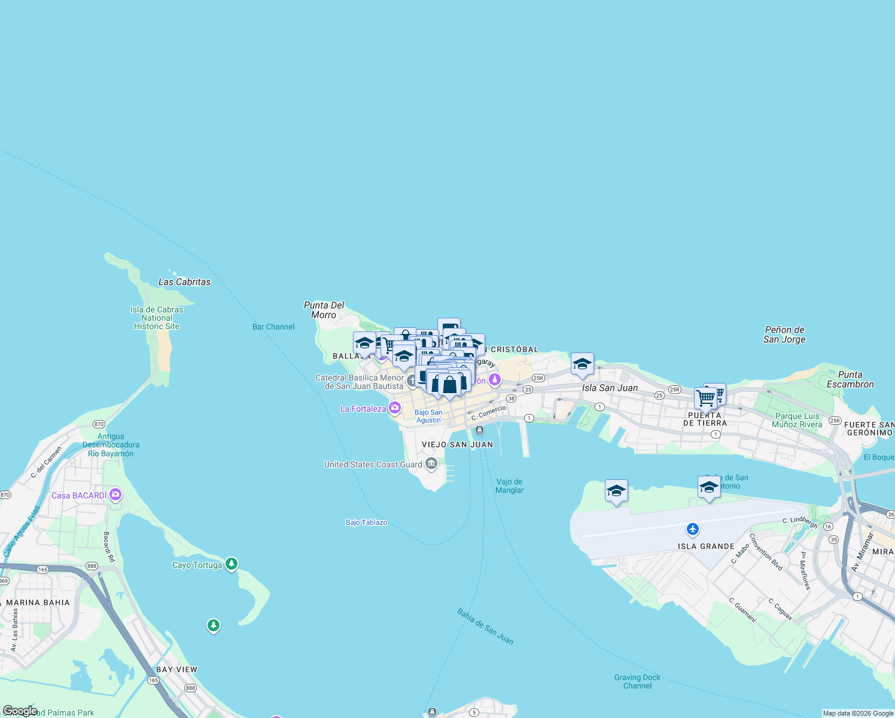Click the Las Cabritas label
click(x=184, y=282)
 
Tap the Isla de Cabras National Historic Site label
click(x=157, y=318)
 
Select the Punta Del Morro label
click(x=324, y=310)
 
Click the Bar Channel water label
click(x=273, y=327)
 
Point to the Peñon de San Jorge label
click(x=784, y=334)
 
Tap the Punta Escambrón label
click(x=850, y=379)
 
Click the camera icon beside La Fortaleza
click(x=395, y=409)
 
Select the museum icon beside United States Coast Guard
click(x=431, y=464)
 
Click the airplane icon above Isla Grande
click(x=693, y=529)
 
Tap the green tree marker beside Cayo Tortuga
click(x=232, y=564)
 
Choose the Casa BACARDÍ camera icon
click(x=115, y=495)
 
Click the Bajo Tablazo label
click(x=366, y=522)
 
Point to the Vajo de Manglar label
click(x=509, y=486)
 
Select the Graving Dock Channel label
click(x=637, y=682)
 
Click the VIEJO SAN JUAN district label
click(x=458, y=445)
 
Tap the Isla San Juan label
click(x=610, y=388)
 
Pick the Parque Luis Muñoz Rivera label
click(x=797, y=420)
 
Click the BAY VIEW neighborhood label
click(x=176, y=670)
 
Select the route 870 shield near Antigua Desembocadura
click(x=99, y=424)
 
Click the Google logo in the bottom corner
click(x=19, y=711)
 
